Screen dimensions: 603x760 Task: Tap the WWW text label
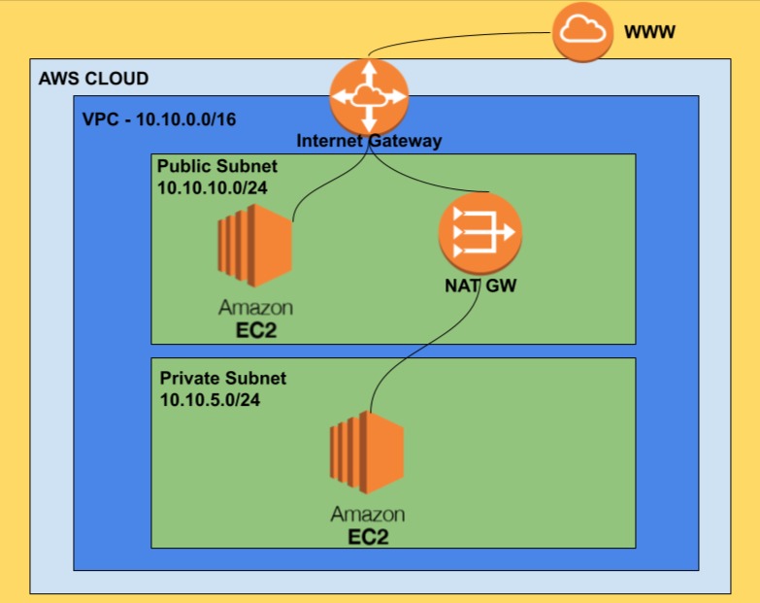coord(649,33)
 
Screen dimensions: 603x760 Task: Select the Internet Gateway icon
coord(369,96)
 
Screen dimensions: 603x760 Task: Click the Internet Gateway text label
coord(369,141)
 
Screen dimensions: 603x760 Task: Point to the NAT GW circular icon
coord(479,232)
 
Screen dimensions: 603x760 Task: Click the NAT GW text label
coord(479,286)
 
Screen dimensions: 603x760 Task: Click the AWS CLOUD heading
coord(93,79)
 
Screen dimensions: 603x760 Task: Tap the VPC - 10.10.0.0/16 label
coord(159,119)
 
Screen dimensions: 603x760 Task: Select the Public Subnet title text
coord(216,166)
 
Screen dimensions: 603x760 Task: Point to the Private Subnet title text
coord(222,378)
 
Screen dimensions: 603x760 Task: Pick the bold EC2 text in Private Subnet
coord(367,536)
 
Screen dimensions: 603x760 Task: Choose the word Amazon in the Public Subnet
coord(254,308)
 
